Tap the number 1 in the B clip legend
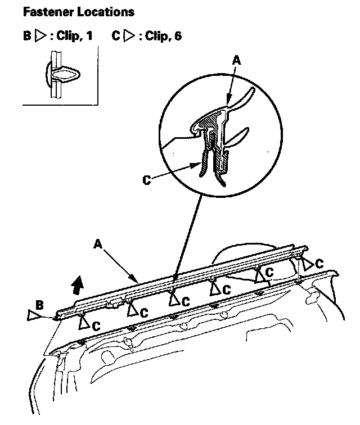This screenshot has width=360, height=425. pos(89,37)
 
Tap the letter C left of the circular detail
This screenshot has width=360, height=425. pos(146,180)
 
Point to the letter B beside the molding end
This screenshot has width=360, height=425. pos(39,305)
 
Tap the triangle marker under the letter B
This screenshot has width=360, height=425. pos(33,315)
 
